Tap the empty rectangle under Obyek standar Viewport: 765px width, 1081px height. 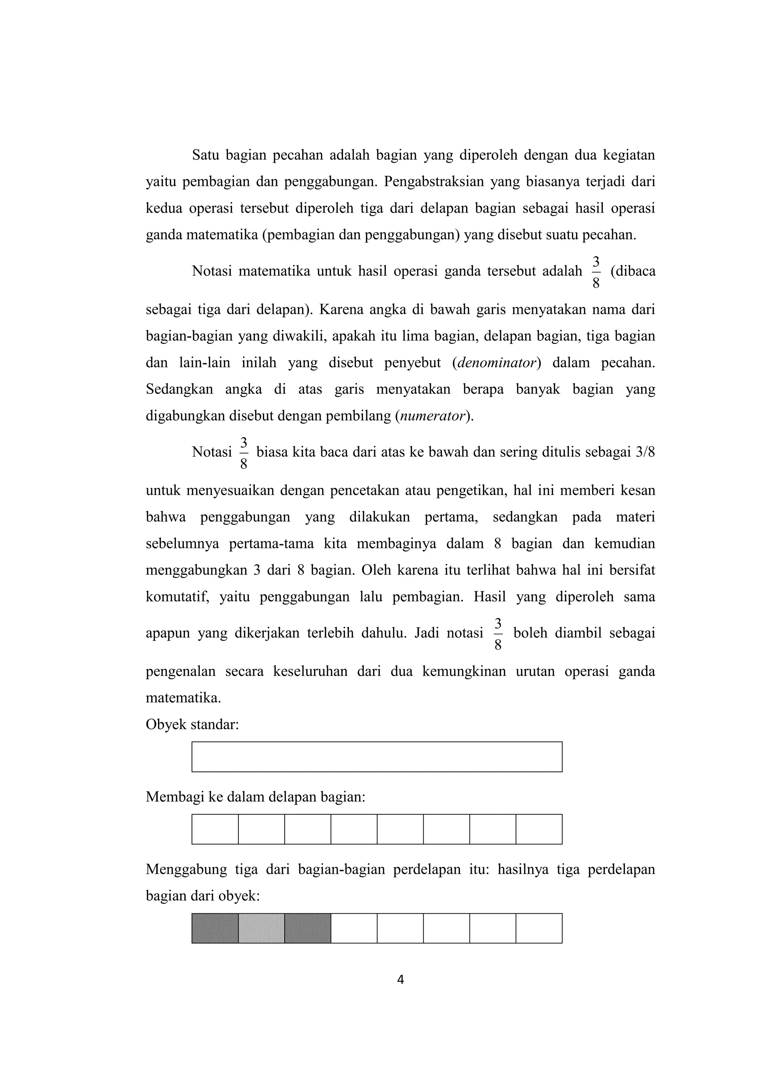coord(377,757)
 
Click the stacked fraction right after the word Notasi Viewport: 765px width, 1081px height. coord(244,452)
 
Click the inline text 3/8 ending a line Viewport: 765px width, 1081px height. coord(645,452)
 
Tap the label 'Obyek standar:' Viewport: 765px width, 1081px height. coord(192,724)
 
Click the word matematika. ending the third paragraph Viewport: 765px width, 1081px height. coord(183,698)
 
